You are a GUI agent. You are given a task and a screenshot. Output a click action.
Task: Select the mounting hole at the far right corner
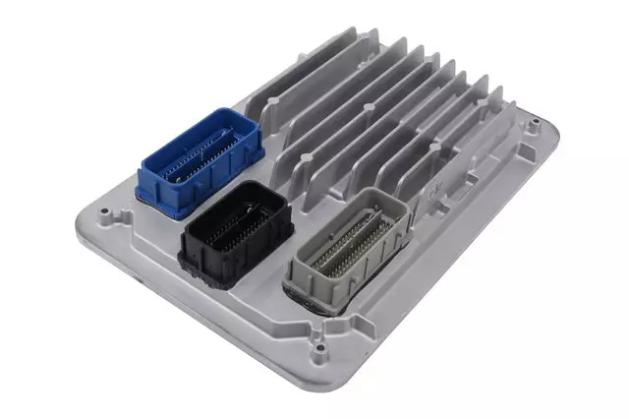coord(533,125)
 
